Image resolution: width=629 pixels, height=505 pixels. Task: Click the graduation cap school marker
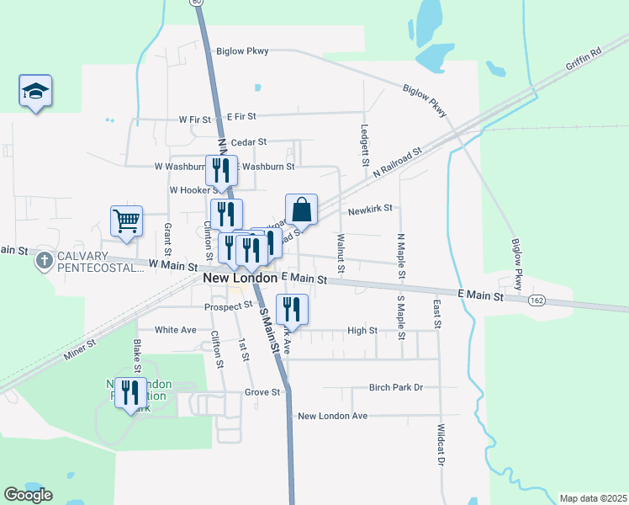[x=35, y=92]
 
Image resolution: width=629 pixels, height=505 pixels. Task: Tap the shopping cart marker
[x=126, y=221]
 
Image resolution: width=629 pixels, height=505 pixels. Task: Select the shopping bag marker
[x=302, y=210]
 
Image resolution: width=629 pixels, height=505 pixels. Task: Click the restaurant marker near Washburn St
[x=221, y=170]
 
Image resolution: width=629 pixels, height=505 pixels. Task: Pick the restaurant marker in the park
[x=130, y=394]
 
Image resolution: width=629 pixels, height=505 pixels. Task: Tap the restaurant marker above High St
[x=292, y=309]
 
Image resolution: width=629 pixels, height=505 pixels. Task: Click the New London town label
[x=240, y=278]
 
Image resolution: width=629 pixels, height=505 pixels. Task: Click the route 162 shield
[x=536, y=300]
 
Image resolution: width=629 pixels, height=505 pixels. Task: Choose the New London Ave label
[x=333, y=416]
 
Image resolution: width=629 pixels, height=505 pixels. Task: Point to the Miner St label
[x=80, y=351]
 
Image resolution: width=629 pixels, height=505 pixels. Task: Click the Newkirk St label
[x=371, y=210]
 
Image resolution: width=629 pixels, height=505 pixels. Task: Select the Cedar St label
[x=249, y=142]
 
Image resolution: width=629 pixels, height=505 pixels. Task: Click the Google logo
[x=29, y=495]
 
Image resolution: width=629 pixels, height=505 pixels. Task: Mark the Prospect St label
[x=229, y=306]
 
